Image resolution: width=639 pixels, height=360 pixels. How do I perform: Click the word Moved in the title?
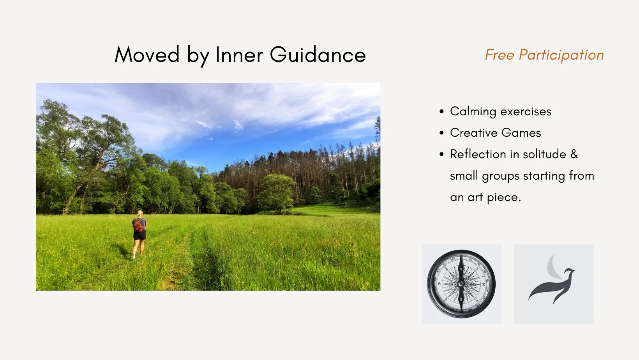[x=147, y=54]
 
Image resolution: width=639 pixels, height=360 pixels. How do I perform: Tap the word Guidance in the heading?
[x=318, y=54]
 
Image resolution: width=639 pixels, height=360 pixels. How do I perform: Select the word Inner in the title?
[x=239, y=54]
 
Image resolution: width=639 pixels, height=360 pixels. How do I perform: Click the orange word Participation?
[x=561, y=55]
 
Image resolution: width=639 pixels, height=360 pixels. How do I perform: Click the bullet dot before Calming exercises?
[x=441, y=111]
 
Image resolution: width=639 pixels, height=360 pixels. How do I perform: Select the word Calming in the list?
[x=473, y=112]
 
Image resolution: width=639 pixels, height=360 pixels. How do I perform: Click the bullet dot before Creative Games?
[x=441, y=132]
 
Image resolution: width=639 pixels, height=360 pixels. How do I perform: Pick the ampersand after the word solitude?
[x=574, y=154]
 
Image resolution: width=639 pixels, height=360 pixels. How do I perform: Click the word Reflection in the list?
[x=478, y=154]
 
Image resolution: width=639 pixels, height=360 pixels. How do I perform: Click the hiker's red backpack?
[x=138, y=226]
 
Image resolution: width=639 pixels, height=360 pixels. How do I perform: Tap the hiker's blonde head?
[x=140, y=214]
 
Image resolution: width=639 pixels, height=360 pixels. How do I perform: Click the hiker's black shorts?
[x=140, y=235]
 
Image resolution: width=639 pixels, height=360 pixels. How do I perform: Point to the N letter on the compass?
[x=461, y=269]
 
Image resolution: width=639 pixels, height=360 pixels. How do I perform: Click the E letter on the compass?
[x=483, y=285]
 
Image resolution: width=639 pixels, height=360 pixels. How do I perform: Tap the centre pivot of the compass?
[x=461, y=284]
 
